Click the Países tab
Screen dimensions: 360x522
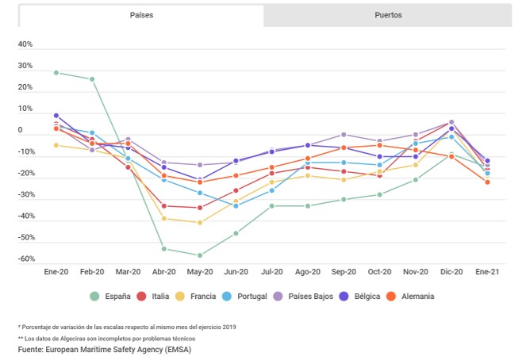coord(141,15)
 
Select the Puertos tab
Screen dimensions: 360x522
coord(388,15)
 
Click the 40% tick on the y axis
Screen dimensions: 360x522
coord(25,44)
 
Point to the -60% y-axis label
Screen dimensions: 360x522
coord(25,259)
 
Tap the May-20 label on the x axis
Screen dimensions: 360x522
coord(200,271)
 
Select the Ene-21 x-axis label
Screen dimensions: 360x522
coord(487,271)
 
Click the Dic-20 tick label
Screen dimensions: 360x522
coord(451,271)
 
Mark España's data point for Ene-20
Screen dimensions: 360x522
coord(56,72)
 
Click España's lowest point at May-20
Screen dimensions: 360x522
coord(200,255)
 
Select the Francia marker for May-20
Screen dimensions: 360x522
coord(200,223)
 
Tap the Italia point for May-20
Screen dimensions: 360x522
coord(200,208)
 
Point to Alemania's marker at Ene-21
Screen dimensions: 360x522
coord(487,182)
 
